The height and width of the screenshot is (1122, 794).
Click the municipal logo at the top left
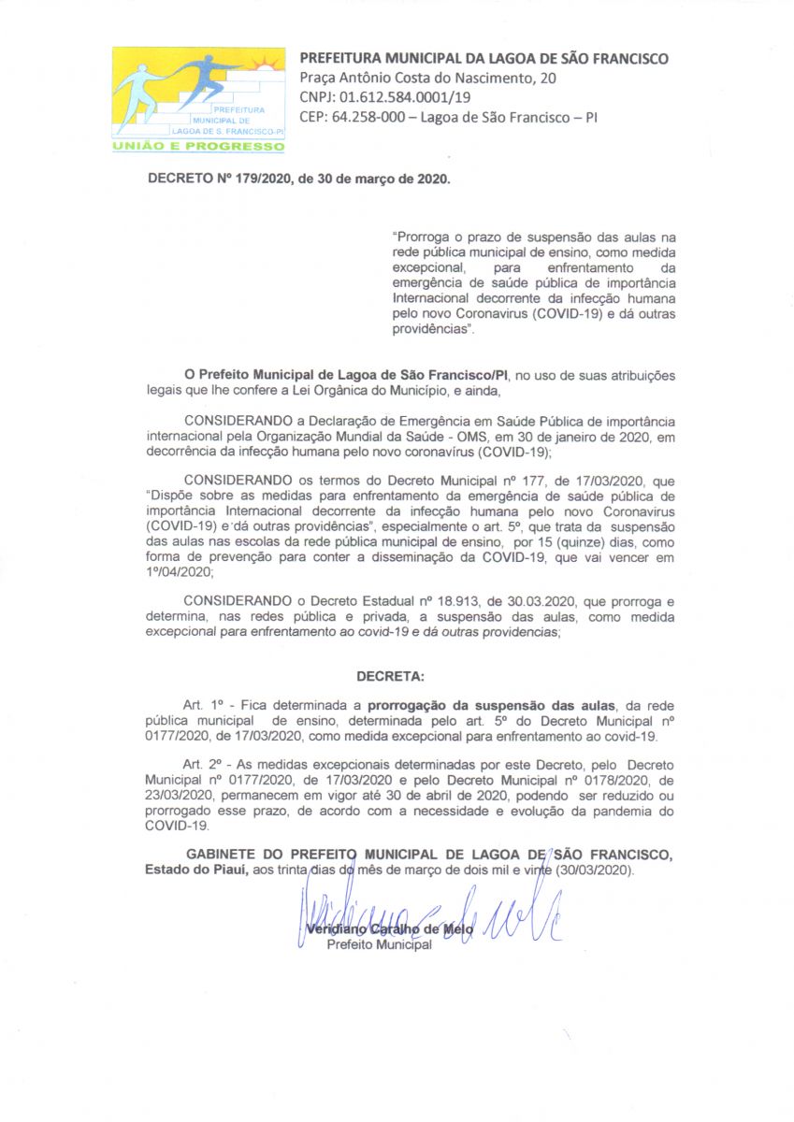198,98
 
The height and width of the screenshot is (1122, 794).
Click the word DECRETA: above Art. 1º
390,674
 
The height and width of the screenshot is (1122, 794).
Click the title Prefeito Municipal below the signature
379,945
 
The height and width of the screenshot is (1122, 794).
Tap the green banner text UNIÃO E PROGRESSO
198,146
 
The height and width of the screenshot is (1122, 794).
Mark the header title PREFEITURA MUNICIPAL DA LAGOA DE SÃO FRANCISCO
484,59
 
